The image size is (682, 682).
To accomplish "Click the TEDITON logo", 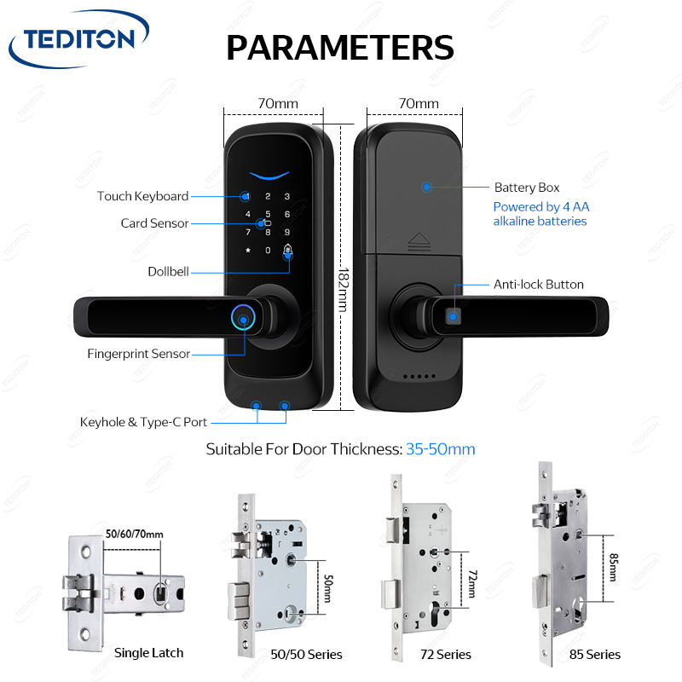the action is (78, 39).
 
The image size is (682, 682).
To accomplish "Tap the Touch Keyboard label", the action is (142, 196).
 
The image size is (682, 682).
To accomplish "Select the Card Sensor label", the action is (154, 223).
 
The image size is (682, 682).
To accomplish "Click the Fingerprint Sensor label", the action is (138, 354).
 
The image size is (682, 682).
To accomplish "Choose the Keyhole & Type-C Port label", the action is (143, 421).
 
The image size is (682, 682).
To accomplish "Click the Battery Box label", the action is (527, 188).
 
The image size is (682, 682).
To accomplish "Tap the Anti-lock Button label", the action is (539, 285).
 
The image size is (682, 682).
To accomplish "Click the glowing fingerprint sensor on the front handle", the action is (245, 321).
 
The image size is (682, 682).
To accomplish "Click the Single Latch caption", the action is (148, 653).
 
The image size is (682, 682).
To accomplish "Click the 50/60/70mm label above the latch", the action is (134, 535).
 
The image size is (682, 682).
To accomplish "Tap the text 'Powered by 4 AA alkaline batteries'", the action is (540, 214).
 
